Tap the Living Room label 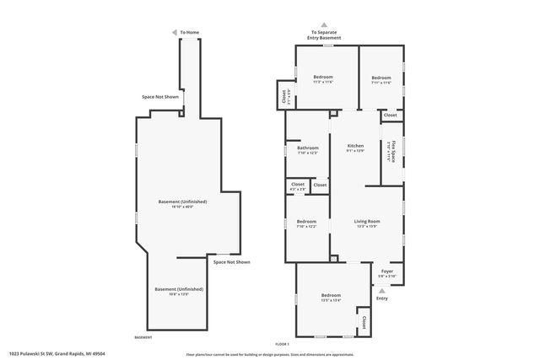tap(366, 223)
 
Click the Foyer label tap(386, 272)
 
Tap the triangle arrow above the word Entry tap(381, 290)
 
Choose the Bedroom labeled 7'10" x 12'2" tap(306, 223)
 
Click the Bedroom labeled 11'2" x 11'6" tap(324, 79)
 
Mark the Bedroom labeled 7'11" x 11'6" tap(381, 79)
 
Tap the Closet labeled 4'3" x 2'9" tap(298, 186)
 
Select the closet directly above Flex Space tap(390, 116)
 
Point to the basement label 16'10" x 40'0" tap(183, 203)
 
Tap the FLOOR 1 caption tap(282, 344)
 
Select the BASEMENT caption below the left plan tap(143, 337)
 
